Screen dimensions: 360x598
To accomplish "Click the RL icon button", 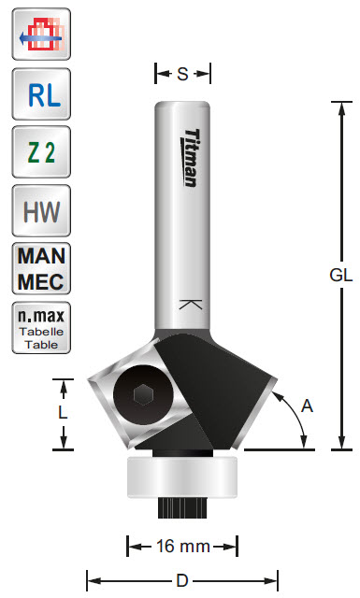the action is click(41, 94).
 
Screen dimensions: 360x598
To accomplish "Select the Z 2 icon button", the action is click(41, 151).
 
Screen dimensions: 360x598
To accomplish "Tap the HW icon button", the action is click(41, 210).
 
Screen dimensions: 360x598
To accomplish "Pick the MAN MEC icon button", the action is click(41, 268).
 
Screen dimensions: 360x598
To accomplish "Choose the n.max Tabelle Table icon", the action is click(41, 328).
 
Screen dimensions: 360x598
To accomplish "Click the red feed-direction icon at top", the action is click(41, 34).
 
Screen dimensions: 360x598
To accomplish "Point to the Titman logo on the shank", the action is click(191, 158).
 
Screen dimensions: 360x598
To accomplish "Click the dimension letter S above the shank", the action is click(182, 74).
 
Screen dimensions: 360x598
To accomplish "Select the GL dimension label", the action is click(341, 275).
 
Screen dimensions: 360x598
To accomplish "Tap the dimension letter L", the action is click(63, 412).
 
